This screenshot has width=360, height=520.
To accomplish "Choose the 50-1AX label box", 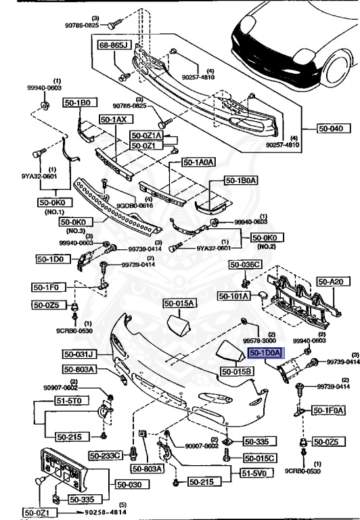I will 114,119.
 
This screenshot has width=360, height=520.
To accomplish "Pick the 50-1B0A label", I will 240,181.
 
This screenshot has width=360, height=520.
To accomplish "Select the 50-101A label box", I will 233,295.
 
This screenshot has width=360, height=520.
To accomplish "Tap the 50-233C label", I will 108,455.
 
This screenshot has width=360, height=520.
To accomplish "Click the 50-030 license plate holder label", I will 129,484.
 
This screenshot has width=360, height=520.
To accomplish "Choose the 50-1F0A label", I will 328,410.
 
